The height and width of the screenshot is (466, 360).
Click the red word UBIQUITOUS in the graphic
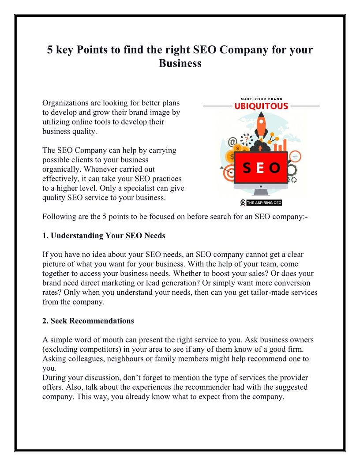(262, 106)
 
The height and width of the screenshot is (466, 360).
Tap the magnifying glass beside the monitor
(295, 156)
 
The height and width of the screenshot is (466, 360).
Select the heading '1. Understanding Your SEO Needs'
(104, 236)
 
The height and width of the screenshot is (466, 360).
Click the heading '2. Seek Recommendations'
(88, 321)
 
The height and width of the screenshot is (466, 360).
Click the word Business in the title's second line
(180, 63)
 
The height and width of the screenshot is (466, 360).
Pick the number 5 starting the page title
(50, 49)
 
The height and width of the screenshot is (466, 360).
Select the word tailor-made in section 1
(254, 293)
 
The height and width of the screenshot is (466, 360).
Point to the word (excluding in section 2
(59, 349)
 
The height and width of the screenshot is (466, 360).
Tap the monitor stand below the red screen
(261, 191)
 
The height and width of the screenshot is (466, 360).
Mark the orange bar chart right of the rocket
(281, 145)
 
